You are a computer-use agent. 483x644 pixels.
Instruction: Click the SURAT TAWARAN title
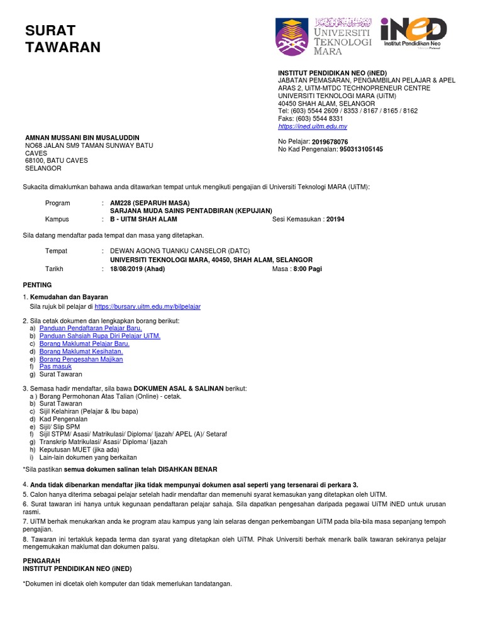[x=62, y=38]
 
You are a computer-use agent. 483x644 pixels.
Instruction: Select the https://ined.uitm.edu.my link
[x=313, y=126]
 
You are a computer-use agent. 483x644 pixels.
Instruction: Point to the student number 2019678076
[x=330, y=142]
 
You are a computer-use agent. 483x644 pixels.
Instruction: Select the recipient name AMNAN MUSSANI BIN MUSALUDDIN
[x=82, y=138]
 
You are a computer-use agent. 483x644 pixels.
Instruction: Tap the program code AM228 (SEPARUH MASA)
[x=150, y=203]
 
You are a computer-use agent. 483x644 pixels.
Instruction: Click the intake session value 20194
[x=335, y=219]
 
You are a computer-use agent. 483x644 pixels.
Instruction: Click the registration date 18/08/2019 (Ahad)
[x=138, y=269]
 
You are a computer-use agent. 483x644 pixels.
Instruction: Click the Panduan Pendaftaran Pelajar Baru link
[x=91, y=328]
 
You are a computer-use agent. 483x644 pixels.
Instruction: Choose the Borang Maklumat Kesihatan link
[x=81, y=352]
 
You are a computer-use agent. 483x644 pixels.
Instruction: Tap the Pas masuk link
[x=55, y=367]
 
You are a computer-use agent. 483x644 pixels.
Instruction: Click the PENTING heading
[x=37, y=285]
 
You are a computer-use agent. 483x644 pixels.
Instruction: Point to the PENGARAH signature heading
[x=42, y=560]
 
